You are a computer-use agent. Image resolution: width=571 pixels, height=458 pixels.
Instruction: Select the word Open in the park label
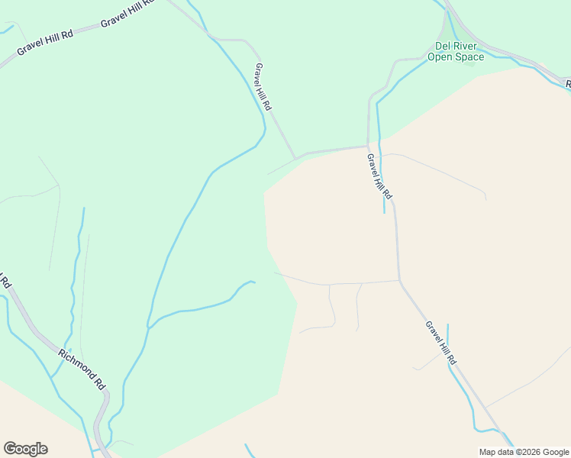(440, 56)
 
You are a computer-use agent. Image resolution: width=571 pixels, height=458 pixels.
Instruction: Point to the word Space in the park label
(469, 56)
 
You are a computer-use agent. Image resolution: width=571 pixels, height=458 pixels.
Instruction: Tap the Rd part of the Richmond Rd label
(100, 383)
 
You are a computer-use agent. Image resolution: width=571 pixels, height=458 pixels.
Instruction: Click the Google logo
(25, 449)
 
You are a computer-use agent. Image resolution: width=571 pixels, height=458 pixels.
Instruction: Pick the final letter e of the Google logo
(44, 450)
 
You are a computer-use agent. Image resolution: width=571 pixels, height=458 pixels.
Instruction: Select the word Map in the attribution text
(489, 452)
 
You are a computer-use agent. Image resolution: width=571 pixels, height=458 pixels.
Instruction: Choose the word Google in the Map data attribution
(556, 452)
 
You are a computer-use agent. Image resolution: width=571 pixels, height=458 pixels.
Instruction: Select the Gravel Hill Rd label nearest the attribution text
(441, 342)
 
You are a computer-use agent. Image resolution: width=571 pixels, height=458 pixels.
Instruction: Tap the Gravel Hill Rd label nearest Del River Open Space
(379, 176)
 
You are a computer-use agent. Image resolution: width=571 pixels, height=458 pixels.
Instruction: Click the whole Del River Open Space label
(456, 51)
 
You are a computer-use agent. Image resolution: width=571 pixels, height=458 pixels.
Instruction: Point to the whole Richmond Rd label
(82, 369)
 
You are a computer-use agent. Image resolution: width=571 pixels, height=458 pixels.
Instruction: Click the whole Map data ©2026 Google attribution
(524, 452)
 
